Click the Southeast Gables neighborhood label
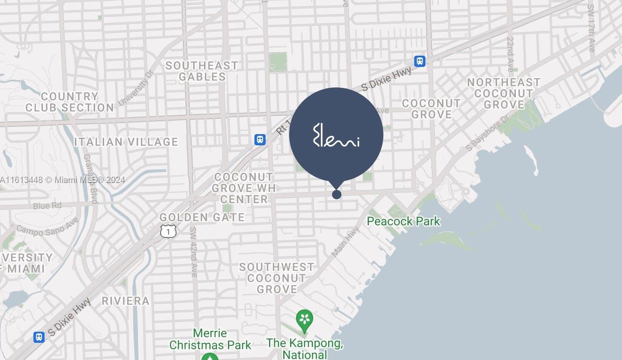[x=201, y=71]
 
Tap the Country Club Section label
[x=69, y=102]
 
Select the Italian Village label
[x=126, y=142]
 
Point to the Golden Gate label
[x=202, y=217]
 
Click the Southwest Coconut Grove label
[x=276, y=278]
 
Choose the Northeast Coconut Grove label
[x=503, y=93]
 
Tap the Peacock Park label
[x=404, y=221]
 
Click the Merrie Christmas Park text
[x=210, y=339]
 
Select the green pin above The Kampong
[x=305, y=320]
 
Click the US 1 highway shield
[x=168, y=231]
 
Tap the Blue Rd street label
[x=47, y=206]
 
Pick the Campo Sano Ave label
[x=48, y=227]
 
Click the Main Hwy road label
[x=345, y=242]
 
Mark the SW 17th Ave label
[x=591, y=28]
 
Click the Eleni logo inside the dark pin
[x=336, y=135]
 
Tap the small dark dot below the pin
[x=337, y=195]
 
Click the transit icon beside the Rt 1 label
[x=260, y=140]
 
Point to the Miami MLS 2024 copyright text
[x=63, y=180]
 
